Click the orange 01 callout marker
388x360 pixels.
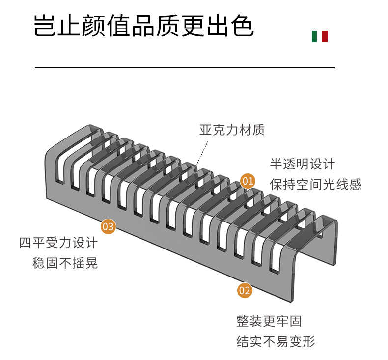(x=248, y=181)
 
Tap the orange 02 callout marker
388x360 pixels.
(x=245, y=290)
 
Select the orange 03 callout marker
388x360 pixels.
(x=108, y=226)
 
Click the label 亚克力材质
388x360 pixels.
(x=232, y=130)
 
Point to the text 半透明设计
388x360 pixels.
(x=302, y=164)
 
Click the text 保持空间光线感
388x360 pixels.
(x=315, y=184)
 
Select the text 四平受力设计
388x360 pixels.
(x=58, y=243)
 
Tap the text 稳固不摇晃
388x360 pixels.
(x=65, y=263)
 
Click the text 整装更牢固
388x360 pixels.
(x=269, y=321)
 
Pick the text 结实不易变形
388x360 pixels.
(x=276, y=341)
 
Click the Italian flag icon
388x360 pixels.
(x=320, y=36)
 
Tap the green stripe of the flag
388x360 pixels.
(x=314, y=36)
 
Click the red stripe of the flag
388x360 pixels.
(x=325, y=36)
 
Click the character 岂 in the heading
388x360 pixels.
(x=45, y=26)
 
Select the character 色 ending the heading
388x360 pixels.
(x=242, y=26)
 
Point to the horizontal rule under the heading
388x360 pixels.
(x=185, y=67)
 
